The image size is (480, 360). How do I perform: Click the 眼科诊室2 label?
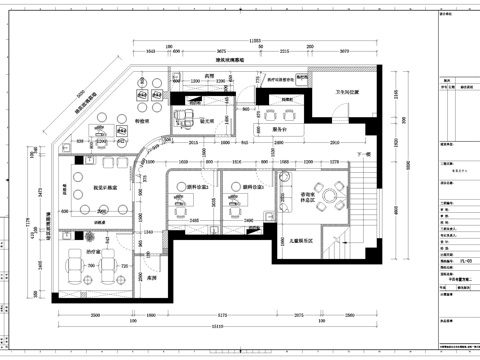(251, 187)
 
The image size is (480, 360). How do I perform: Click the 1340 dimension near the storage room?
(147, 232)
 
